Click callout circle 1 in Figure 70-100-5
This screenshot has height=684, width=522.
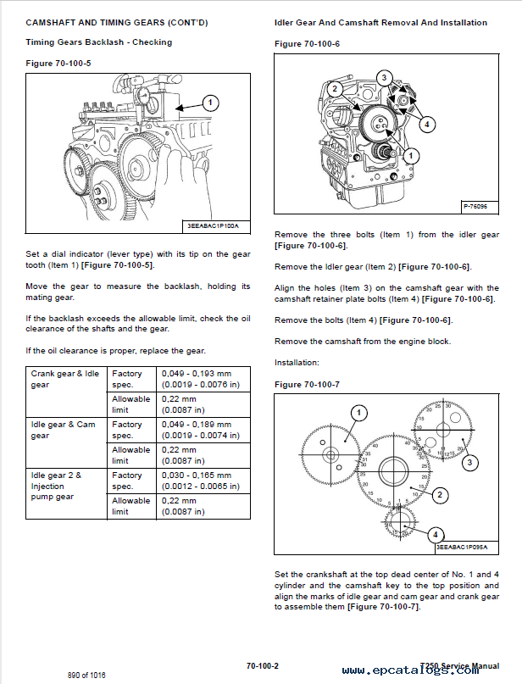pos(210,103)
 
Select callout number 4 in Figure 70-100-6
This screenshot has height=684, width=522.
pos(427,124)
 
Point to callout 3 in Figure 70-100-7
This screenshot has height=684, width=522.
pos(469,463)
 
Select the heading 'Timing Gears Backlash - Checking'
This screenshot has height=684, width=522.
pos(98,42)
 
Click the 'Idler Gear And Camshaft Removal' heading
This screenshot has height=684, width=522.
pos(380,23)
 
